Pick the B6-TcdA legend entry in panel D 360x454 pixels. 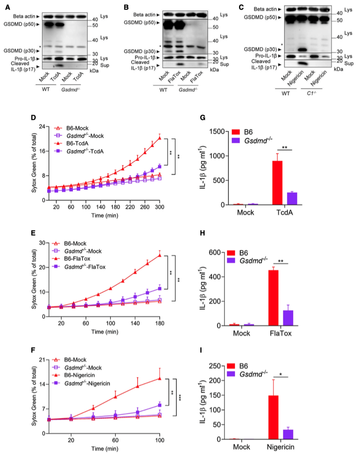coord(78,144)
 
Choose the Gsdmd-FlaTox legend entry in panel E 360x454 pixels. coord(84,267)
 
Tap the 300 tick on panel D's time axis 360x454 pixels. coord(159,207)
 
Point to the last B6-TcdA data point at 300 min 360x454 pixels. coord(160,138)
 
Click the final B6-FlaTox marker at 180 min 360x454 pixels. coord(160,255)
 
